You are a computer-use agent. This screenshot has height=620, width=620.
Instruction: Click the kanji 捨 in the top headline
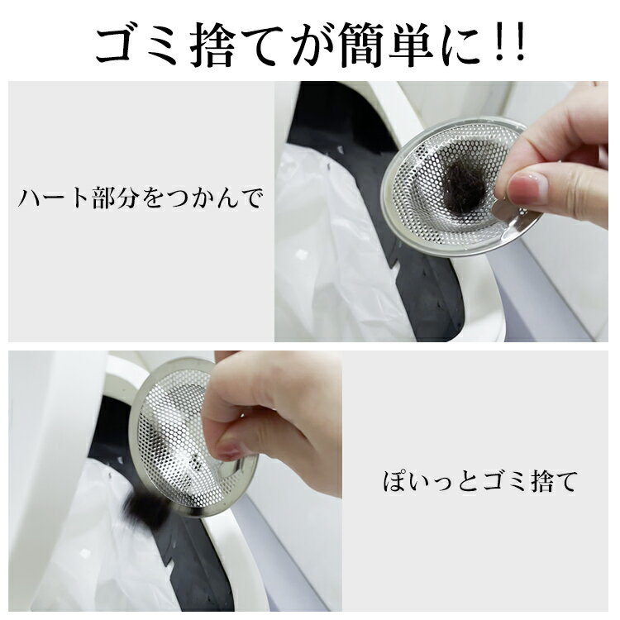[213, 45]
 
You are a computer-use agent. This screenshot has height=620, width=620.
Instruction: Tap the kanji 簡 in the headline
[362, 45]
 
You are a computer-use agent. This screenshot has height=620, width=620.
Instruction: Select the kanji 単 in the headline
[412, 45]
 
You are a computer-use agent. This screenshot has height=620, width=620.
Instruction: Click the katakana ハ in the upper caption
[30, 198]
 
